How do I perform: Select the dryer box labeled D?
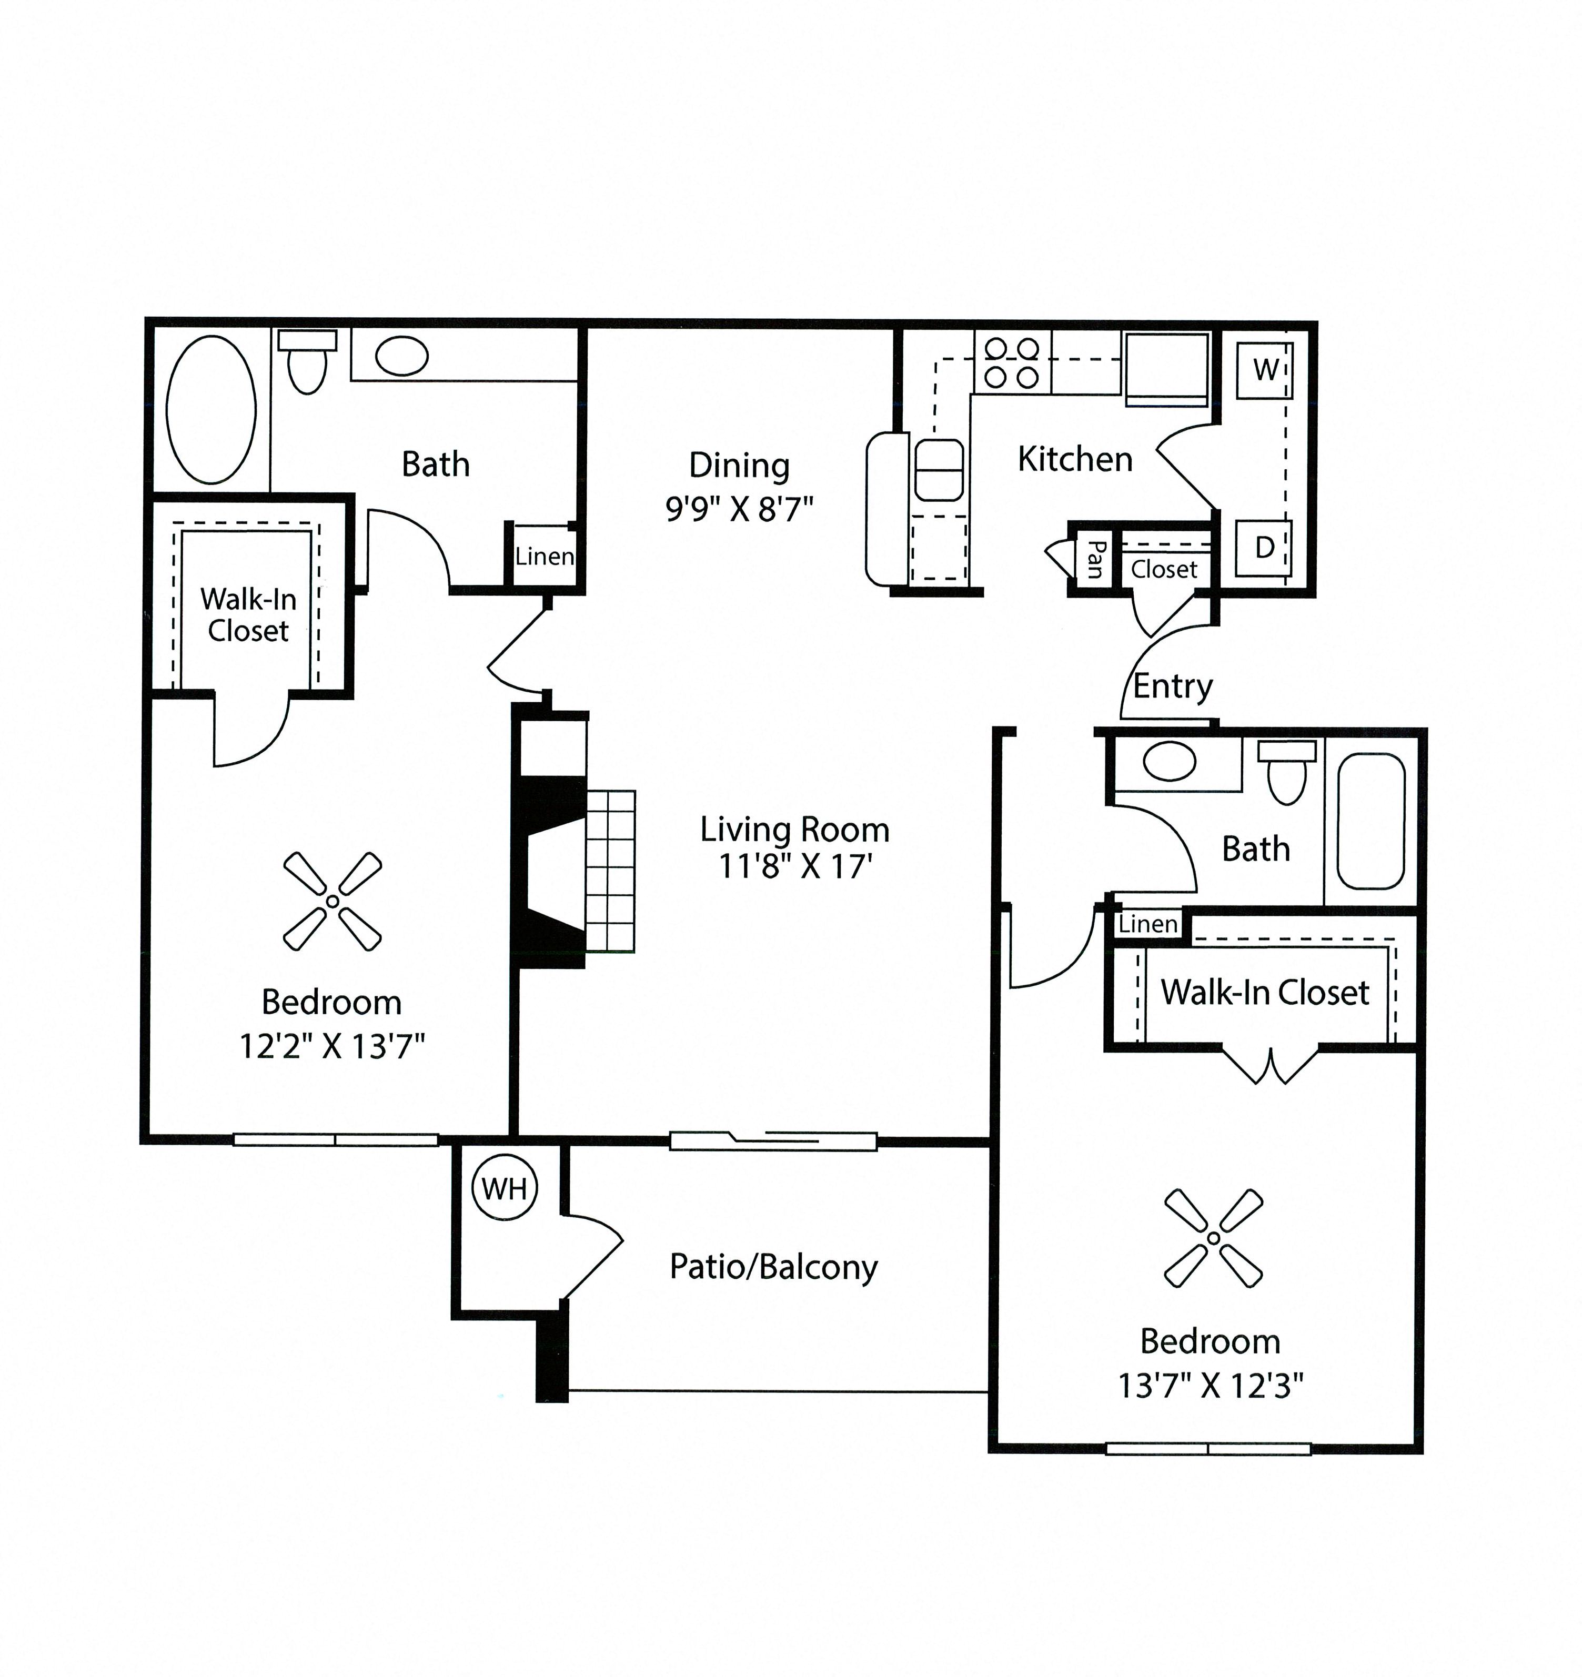click(x=1263, y=548)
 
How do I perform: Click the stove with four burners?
click(x=1012, y=363)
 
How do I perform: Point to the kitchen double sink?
click(x=939, y=469)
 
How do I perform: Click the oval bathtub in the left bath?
click(x=211, y=410)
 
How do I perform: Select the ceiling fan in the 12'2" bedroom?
click(x=332, y=902)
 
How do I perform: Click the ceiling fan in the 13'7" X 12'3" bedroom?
click(x=1213, y=1238)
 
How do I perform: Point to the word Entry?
click(x=1172, y=686)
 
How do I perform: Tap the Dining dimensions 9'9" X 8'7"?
click(x=739, y=510)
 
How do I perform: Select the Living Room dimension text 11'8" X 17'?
click(x=794, y=866)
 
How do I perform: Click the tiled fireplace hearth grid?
click(x=610, y=871)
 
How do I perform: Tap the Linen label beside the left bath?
click(x=544, y=557)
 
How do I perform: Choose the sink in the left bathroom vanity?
click(x=401, y=356)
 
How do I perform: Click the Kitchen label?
click(x=1074, y=460)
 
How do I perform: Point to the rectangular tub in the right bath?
click(x=1370, y=821)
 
